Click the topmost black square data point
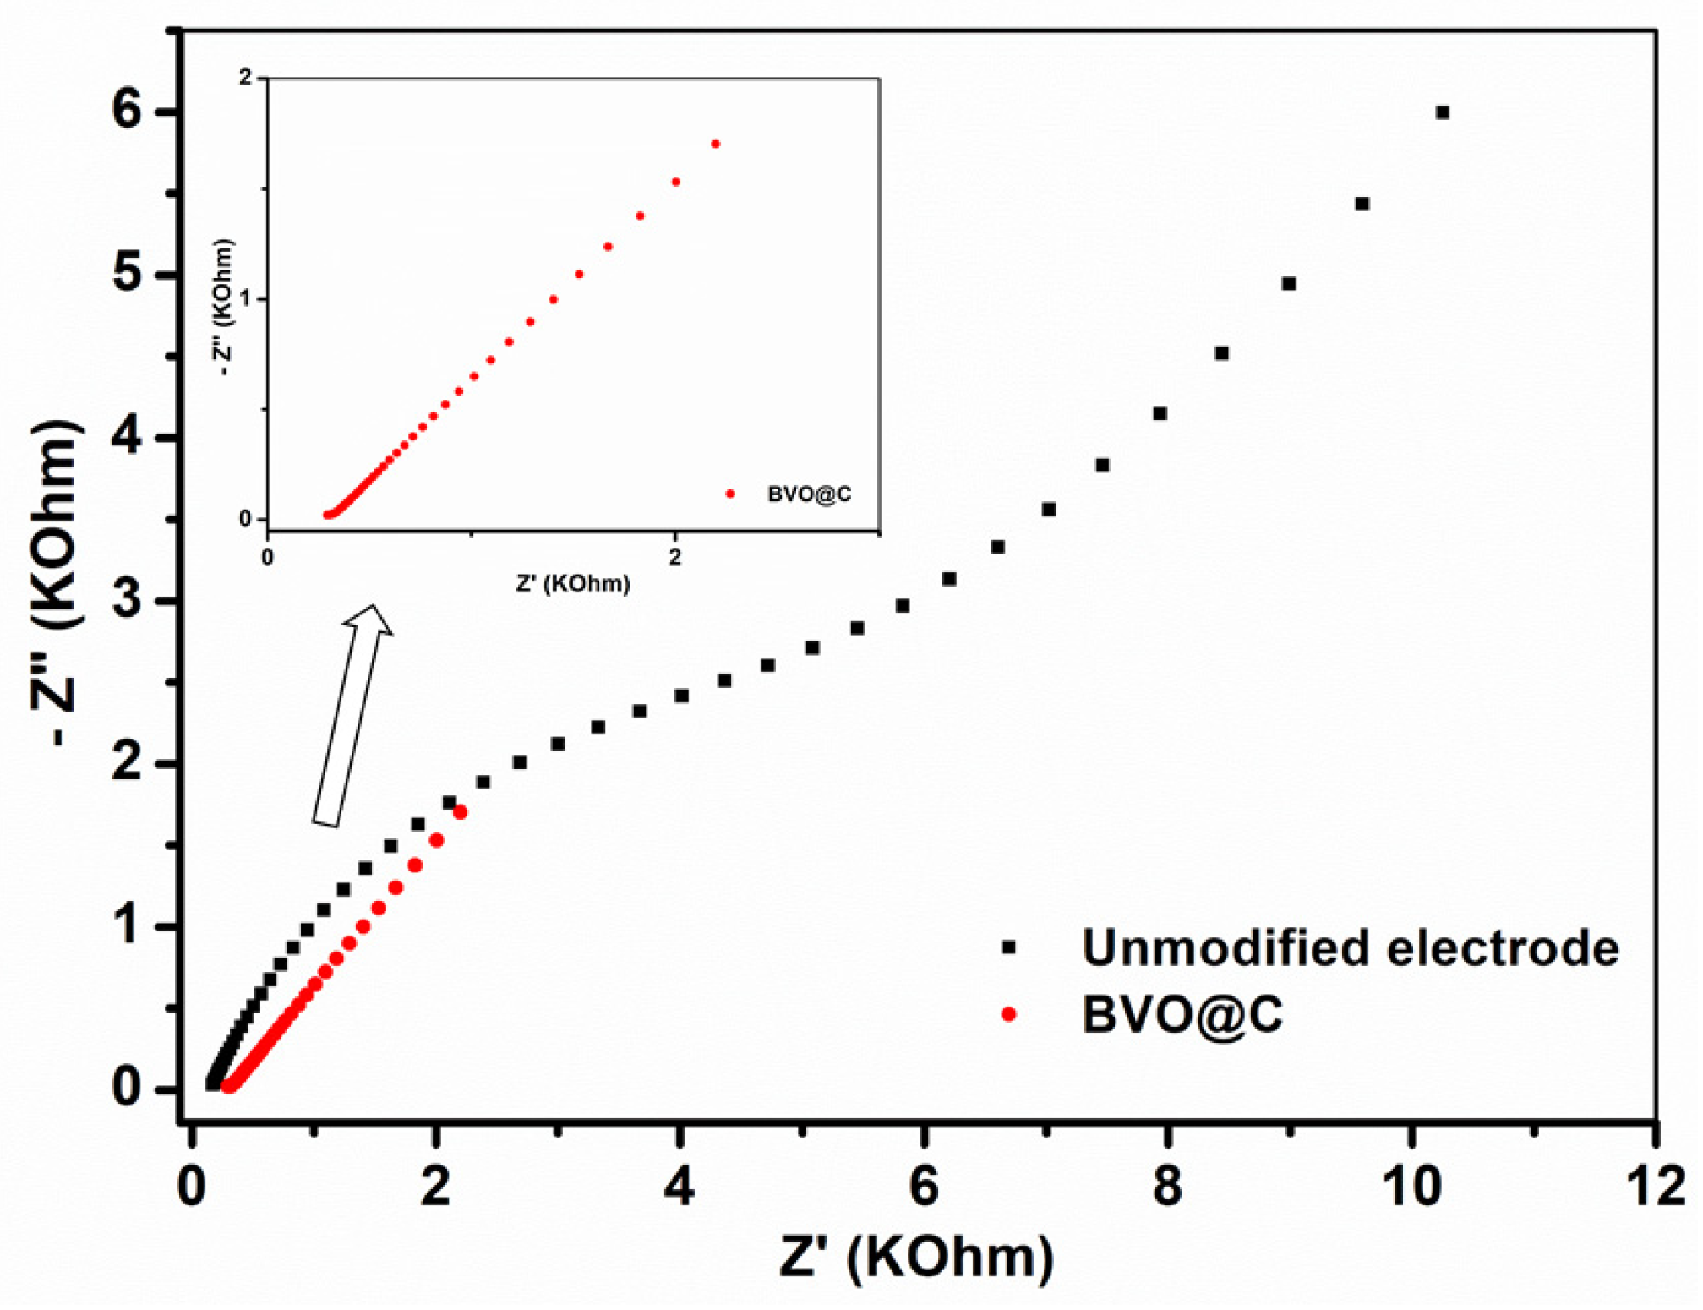pos(1443,112)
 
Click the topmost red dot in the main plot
pos(460,812)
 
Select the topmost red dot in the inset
pos(715,144)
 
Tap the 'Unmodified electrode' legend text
pos(1350,947)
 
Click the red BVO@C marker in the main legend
pos(1008,1014)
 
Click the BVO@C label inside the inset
pos(809,494)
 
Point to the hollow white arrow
pos(353,714)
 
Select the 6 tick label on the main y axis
pos(126,111)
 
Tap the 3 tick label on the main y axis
pos(126,600)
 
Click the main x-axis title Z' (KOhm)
pos(916,1257)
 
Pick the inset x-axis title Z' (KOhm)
pos(573,583)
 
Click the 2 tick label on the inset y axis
pos(246,78)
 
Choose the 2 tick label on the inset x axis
pos(674,558)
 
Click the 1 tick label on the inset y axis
pos(246,298)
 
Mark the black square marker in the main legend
pos(1008,947)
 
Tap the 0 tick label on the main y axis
pos(126,1088)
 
